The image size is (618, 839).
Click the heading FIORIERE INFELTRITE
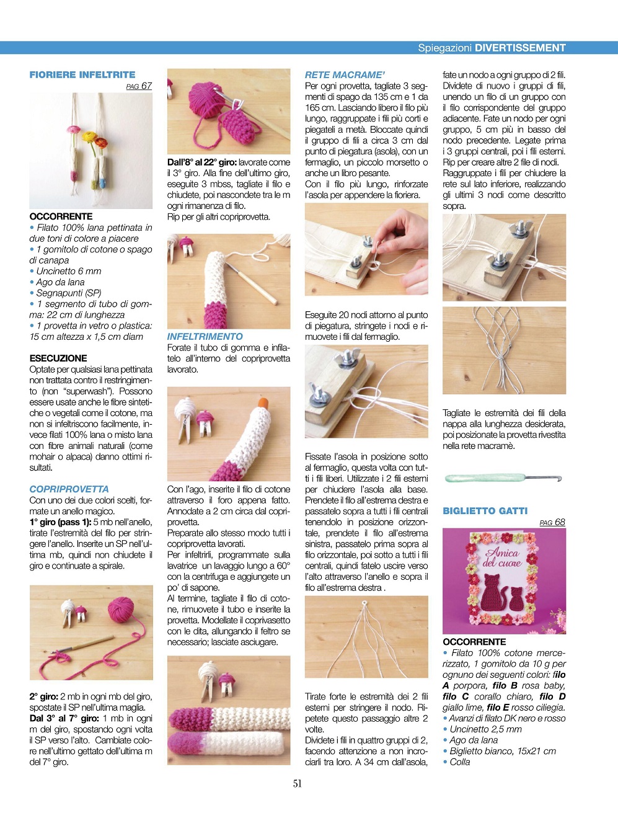point(82,74)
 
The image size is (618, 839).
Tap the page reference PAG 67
point(139,86)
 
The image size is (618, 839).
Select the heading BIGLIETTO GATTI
point(485,511)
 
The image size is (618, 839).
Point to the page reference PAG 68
point(552,522)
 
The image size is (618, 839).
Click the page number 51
point(297,784)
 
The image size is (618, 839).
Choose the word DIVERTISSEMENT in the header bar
point(520,48)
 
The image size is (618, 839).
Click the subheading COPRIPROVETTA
point(69,489)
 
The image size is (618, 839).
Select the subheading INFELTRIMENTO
point(205,336)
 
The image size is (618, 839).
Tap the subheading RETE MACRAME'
point(345,75)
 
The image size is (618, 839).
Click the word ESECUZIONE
point(58,358)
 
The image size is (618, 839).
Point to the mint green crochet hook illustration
point(503,478)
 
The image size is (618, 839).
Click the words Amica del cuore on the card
point(502,557)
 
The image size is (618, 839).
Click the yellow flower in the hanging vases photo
point(89,136)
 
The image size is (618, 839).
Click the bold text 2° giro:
point(44,696)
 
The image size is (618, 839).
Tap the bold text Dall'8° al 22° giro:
point(202,162)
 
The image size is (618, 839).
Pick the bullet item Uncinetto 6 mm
point(66,271)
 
